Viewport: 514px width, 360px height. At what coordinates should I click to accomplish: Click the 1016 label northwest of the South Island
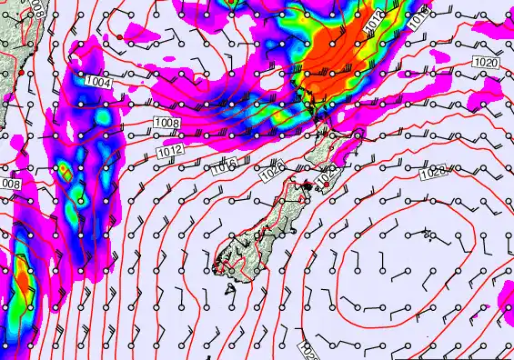223,166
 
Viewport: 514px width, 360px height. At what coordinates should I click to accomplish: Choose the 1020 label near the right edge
486,62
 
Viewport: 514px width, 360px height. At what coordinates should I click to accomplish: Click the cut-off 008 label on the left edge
10,184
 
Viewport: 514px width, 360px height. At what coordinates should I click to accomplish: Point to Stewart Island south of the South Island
227,290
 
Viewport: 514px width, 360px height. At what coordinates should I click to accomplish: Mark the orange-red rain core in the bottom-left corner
20,282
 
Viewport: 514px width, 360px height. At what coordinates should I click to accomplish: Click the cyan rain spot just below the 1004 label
103,117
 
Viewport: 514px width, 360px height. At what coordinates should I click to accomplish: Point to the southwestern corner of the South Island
217,267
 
